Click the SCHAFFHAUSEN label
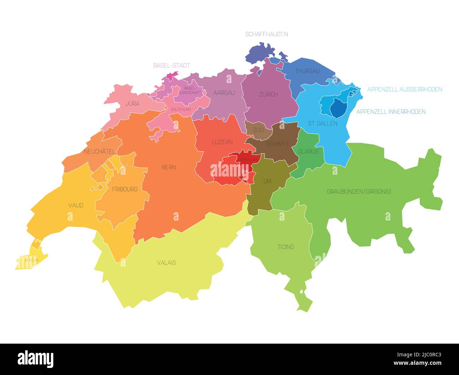click(x=267, y=34)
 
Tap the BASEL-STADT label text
click(x=171, y=66)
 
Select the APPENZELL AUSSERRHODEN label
click(x=405, y=90)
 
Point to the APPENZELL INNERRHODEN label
click(x=391, y=112)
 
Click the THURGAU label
click(x=307, y=71)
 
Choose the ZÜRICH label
click(x=268, y=94)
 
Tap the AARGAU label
click(x=224, y=93)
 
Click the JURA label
click(x=132, y=104)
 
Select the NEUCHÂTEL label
click(x=99, y=152)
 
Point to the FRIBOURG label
click(x=124, y=189)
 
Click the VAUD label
click(x=76, y=205)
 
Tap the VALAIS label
click(x=166, y=263)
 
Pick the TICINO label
click(x=286, y=247)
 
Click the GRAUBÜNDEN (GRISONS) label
click(x=359, y=192)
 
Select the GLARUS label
click(x=308, y=152)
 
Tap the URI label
click(x=267, y=182)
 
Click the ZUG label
click(x=258, y=130)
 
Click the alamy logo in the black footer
click(x=35, y=359)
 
